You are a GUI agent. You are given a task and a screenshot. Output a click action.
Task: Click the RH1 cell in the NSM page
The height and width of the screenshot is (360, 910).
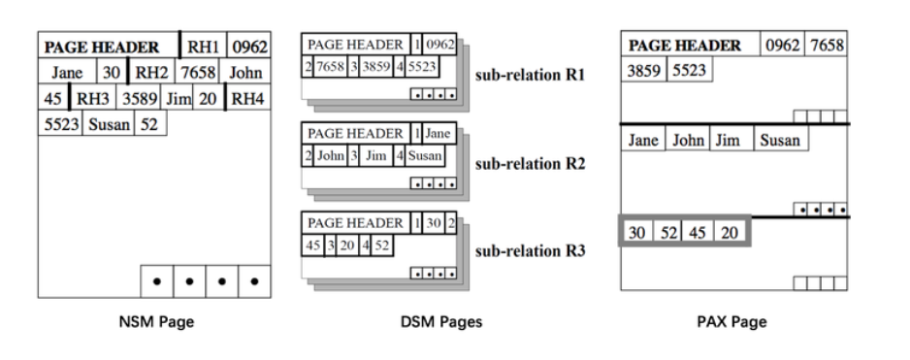point(204,46)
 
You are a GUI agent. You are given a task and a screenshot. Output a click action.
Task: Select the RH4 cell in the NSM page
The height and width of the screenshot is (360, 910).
point(249,98)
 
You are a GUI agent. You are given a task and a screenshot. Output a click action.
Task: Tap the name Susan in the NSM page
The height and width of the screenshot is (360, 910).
point(109,124)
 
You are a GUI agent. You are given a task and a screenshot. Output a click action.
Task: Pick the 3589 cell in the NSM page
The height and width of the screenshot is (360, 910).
point(139,98)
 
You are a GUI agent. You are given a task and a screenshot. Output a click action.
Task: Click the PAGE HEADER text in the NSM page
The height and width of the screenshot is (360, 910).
point(103,46)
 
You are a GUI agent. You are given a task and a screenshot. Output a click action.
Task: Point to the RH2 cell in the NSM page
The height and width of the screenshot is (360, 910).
point(151,72)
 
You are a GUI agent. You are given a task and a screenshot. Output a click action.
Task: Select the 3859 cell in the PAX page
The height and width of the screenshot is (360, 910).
point(643,71)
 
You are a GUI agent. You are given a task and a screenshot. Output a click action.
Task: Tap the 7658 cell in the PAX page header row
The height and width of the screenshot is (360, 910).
point(827,46)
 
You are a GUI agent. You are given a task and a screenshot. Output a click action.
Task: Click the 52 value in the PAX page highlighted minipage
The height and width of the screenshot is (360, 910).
point(668,232)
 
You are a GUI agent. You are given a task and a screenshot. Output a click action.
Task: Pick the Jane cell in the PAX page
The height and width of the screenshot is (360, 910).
point(643,141)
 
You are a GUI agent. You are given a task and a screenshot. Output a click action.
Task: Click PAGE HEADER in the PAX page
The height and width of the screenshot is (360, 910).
point(685,46)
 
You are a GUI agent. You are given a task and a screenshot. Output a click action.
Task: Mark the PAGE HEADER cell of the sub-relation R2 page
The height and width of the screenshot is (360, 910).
point(355,133)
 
